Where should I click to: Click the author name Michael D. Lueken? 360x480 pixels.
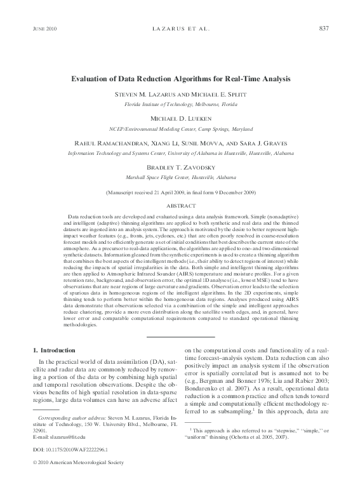pyautogui.click(x=180, y=119)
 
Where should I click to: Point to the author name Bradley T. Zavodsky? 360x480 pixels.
pyautogui.click(x=180, y=168)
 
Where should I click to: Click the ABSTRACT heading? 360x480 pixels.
pyautogui.click(x=180, y=206)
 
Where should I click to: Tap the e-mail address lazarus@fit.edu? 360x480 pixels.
pyautogui.click(x=67, y=438)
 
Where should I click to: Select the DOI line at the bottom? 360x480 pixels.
pyautogui.click(x=62, y=450)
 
